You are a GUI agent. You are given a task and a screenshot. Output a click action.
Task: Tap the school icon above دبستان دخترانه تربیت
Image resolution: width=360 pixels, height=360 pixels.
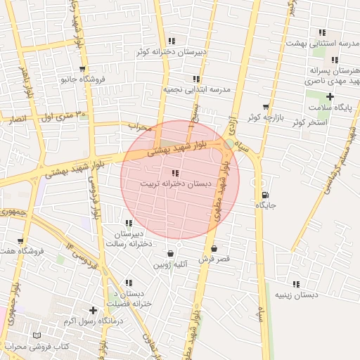pyautogui.click(x=175, y=173)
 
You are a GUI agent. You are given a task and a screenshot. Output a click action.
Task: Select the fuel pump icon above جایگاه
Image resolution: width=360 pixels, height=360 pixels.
pyautogui.click(x=264, y=195)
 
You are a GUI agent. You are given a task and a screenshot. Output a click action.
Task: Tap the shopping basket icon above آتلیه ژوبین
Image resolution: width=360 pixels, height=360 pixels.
pyautogui.click(x=170, y=253)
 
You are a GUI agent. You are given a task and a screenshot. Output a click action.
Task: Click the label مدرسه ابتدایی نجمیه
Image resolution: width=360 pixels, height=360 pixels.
pyautogui.click(x=197, y=90)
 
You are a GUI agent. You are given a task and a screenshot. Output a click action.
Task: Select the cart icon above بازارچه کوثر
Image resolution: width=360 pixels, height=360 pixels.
pyautogui.click(x=265, y=107)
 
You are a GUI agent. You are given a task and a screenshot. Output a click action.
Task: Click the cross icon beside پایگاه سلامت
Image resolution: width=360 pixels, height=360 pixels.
pyautogui.click(x=330, y=96)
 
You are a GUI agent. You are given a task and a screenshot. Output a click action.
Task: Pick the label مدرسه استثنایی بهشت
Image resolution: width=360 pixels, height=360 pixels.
pyautogui.click(x=321, y=44)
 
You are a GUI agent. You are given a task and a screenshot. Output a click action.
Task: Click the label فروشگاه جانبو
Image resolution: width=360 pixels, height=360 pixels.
pyautogui.click(x=83, y=79)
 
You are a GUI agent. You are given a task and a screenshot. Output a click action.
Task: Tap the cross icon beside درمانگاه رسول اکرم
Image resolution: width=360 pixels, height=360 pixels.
pyautogui.click(x=93, y=310)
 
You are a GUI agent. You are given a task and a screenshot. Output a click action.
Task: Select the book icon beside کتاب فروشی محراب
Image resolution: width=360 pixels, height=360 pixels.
pyautogui.click(x=38, y=336)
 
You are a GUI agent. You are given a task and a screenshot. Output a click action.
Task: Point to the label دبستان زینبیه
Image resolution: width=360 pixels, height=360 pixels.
pyautogui.click(x=295, y=295)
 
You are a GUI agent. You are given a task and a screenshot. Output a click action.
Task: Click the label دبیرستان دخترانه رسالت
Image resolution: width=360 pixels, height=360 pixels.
pyautogui.click(x=129, y=238)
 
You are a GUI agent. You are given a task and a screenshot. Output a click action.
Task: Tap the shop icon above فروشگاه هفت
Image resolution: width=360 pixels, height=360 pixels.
pyautogui.click(x=20, y=241)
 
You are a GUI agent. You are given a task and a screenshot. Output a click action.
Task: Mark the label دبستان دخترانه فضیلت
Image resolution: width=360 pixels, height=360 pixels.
pyautogui.click(x=129, y=298)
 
